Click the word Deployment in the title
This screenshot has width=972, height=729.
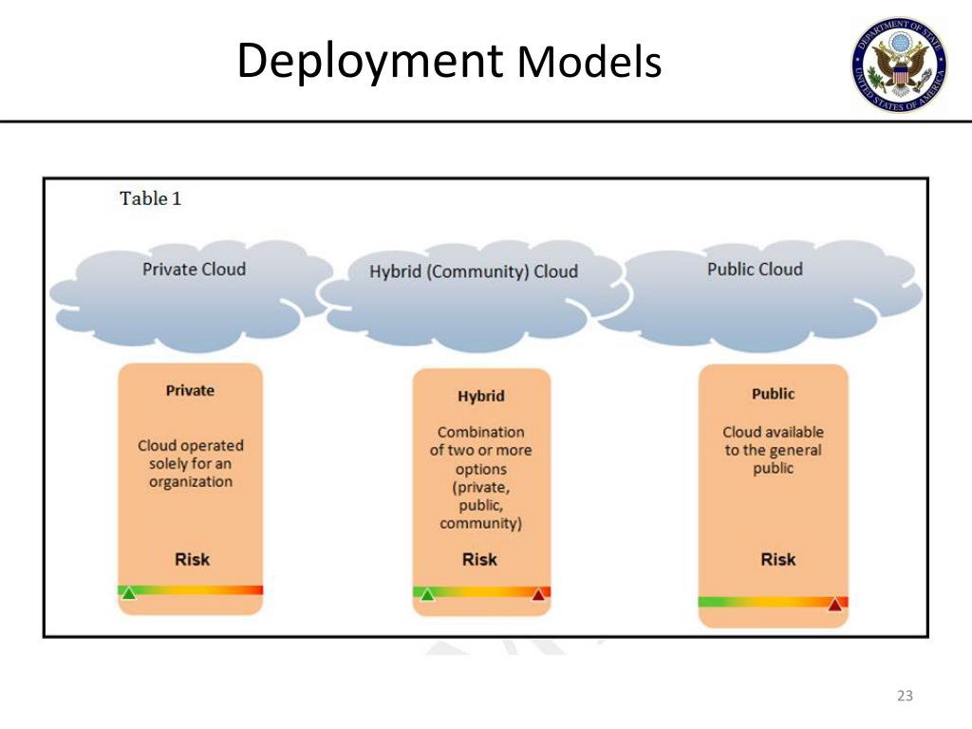(x=370, y=62)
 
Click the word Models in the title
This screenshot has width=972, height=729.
(x=589, y=62)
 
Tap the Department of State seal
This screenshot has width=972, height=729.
(x=900, y=65)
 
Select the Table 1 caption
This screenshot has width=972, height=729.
(x=151, y=198)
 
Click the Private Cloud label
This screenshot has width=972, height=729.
(x=194, y=269)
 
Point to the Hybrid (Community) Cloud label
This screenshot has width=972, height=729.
(x=474, y=271)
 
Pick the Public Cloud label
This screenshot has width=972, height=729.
(x=755, y=269)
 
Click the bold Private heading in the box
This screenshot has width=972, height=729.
(x=190, y=390)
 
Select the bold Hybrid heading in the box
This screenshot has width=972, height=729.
(x=481, y=396)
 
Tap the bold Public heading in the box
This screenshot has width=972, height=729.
(x=773, y=394)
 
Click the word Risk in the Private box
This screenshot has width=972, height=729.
(x=192, y=559)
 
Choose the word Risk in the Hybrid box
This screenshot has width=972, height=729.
(x=479, y=559)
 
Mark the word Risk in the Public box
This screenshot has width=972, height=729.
(x=778, y=559)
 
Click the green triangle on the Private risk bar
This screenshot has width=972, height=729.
(x=128, y=593)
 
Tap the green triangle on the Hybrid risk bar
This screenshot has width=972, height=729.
(x=428, y=594)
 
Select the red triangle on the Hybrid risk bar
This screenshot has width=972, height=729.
(x=538, y=594)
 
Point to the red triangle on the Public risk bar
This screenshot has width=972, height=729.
(x=835, y=604)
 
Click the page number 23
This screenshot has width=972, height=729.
(x=905, y=696)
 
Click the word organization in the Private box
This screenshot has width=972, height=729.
(x=191, y=481)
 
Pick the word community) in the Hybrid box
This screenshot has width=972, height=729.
(x=481, y=523)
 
